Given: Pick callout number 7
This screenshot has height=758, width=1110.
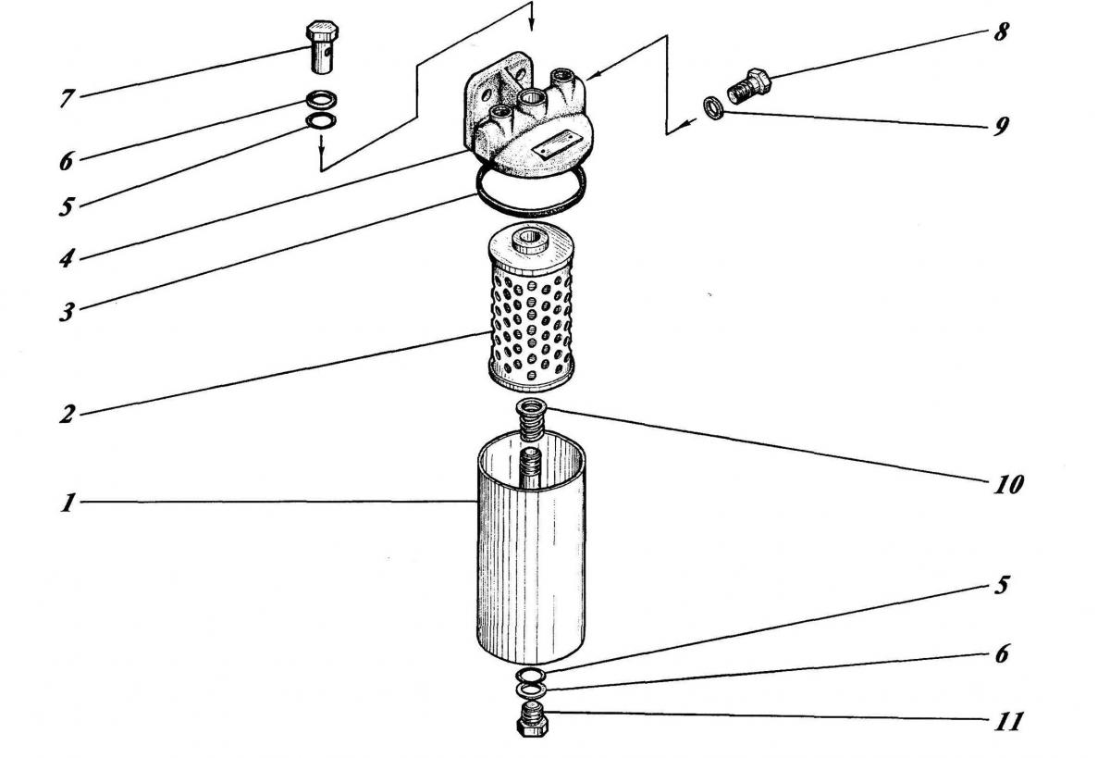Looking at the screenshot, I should coord(67,99).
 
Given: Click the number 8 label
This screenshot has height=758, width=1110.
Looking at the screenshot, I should coord(1000,32).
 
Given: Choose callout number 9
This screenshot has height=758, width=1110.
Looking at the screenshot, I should coord(1000,125).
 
